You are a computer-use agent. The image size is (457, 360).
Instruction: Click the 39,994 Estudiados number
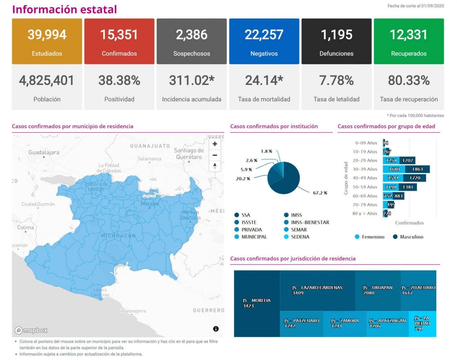47,35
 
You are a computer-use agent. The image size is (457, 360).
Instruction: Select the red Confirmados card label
119,53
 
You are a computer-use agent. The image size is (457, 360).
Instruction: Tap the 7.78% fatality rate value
336,80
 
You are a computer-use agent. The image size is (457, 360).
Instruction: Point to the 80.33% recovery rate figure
409,80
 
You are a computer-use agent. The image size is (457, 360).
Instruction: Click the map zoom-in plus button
215,144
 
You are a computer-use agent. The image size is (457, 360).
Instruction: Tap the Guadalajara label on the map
44,152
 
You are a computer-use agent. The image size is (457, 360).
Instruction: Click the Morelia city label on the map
149,204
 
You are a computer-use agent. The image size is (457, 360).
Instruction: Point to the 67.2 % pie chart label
320,193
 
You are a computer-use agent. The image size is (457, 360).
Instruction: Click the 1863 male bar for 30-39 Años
417,169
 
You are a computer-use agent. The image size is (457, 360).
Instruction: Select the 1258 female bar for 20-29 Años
391,160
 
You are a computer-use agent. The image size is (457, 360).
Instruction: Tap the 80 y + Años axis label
365,214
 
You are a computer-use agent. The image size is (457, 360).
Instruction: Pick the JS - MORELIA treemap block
257,303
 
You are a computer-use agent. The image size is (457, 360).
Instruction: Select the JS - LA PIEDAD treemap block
422,323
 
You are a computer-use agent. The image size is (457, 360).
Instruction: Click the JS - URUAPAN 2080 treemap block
377,290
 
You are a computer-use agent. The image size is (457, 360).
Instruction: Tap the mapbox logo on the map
31,330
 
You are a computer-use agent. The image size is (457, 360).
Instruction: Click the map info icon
216,329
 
